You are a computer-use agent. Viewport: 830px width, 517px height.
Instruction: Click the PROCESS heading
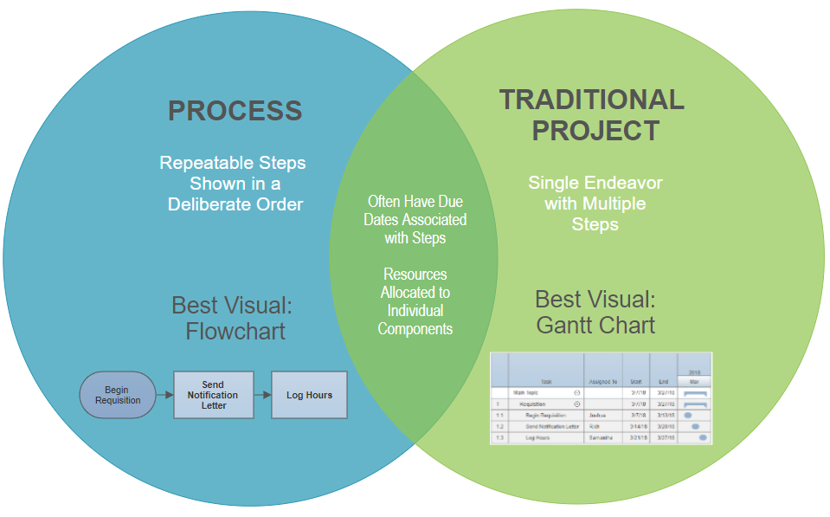[x=235, y=111]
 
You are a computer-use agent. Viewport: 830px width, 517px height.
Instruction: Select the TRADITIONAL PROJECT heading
[x=592, y=114]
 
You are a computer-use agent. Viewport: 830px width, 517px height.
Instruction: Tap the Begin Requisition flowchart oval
[x=117, y=395]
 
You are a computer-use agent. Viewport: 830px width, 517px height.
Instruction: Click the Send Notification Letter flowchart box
[x=213, y=395]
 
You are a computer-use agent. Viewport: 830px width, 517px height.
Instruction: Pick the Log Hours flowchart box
[x=309, y=395]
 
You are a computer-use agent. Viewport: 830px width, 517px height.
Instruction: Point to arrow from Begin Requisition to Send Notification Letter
[x=164, y=395]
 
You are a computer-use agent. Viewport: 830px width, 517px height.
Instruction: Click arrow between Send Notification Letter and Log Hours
[x=261, y=395]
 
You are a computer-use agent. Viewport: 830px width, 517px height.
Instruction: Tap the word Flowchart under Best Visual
[x=235, y=331]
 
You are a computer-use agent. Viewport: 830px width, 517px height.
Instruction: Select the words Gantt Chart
[x=595, y=326]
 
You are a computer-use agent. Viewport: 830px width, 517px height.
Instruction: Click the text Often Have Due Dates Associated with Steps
[x=415, y=219]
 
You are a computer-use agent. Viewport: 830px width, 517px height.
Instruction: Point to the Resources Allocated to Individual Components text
[x=415, y=301]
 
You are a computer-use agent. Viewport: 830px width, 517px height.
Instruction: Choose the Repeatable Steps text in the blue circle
[x=234, y=163]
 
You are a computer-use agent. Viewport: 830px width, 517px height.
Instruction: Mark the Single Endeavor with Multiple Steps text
[x=595, y=204]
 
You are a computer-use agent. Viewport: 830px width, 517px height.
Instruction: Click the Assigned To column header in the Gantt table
[x=602, y=380]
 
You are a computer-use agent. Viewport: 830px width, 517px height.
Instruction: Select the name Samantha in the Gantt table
[x=602, y=438]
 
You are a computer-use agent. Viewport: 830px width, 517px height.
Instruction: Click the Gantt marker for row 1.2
[x=695, y=426]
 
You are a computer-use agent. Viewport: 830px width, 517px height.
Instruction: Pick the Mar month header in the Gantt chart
[x=694, y=380]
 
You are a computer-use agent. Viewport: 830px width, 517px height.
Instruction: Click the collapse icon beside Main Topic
[x=576, y=392]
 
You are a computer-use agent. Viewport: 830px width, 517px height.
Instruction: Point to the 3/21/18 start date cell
[x=635, y=438]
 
